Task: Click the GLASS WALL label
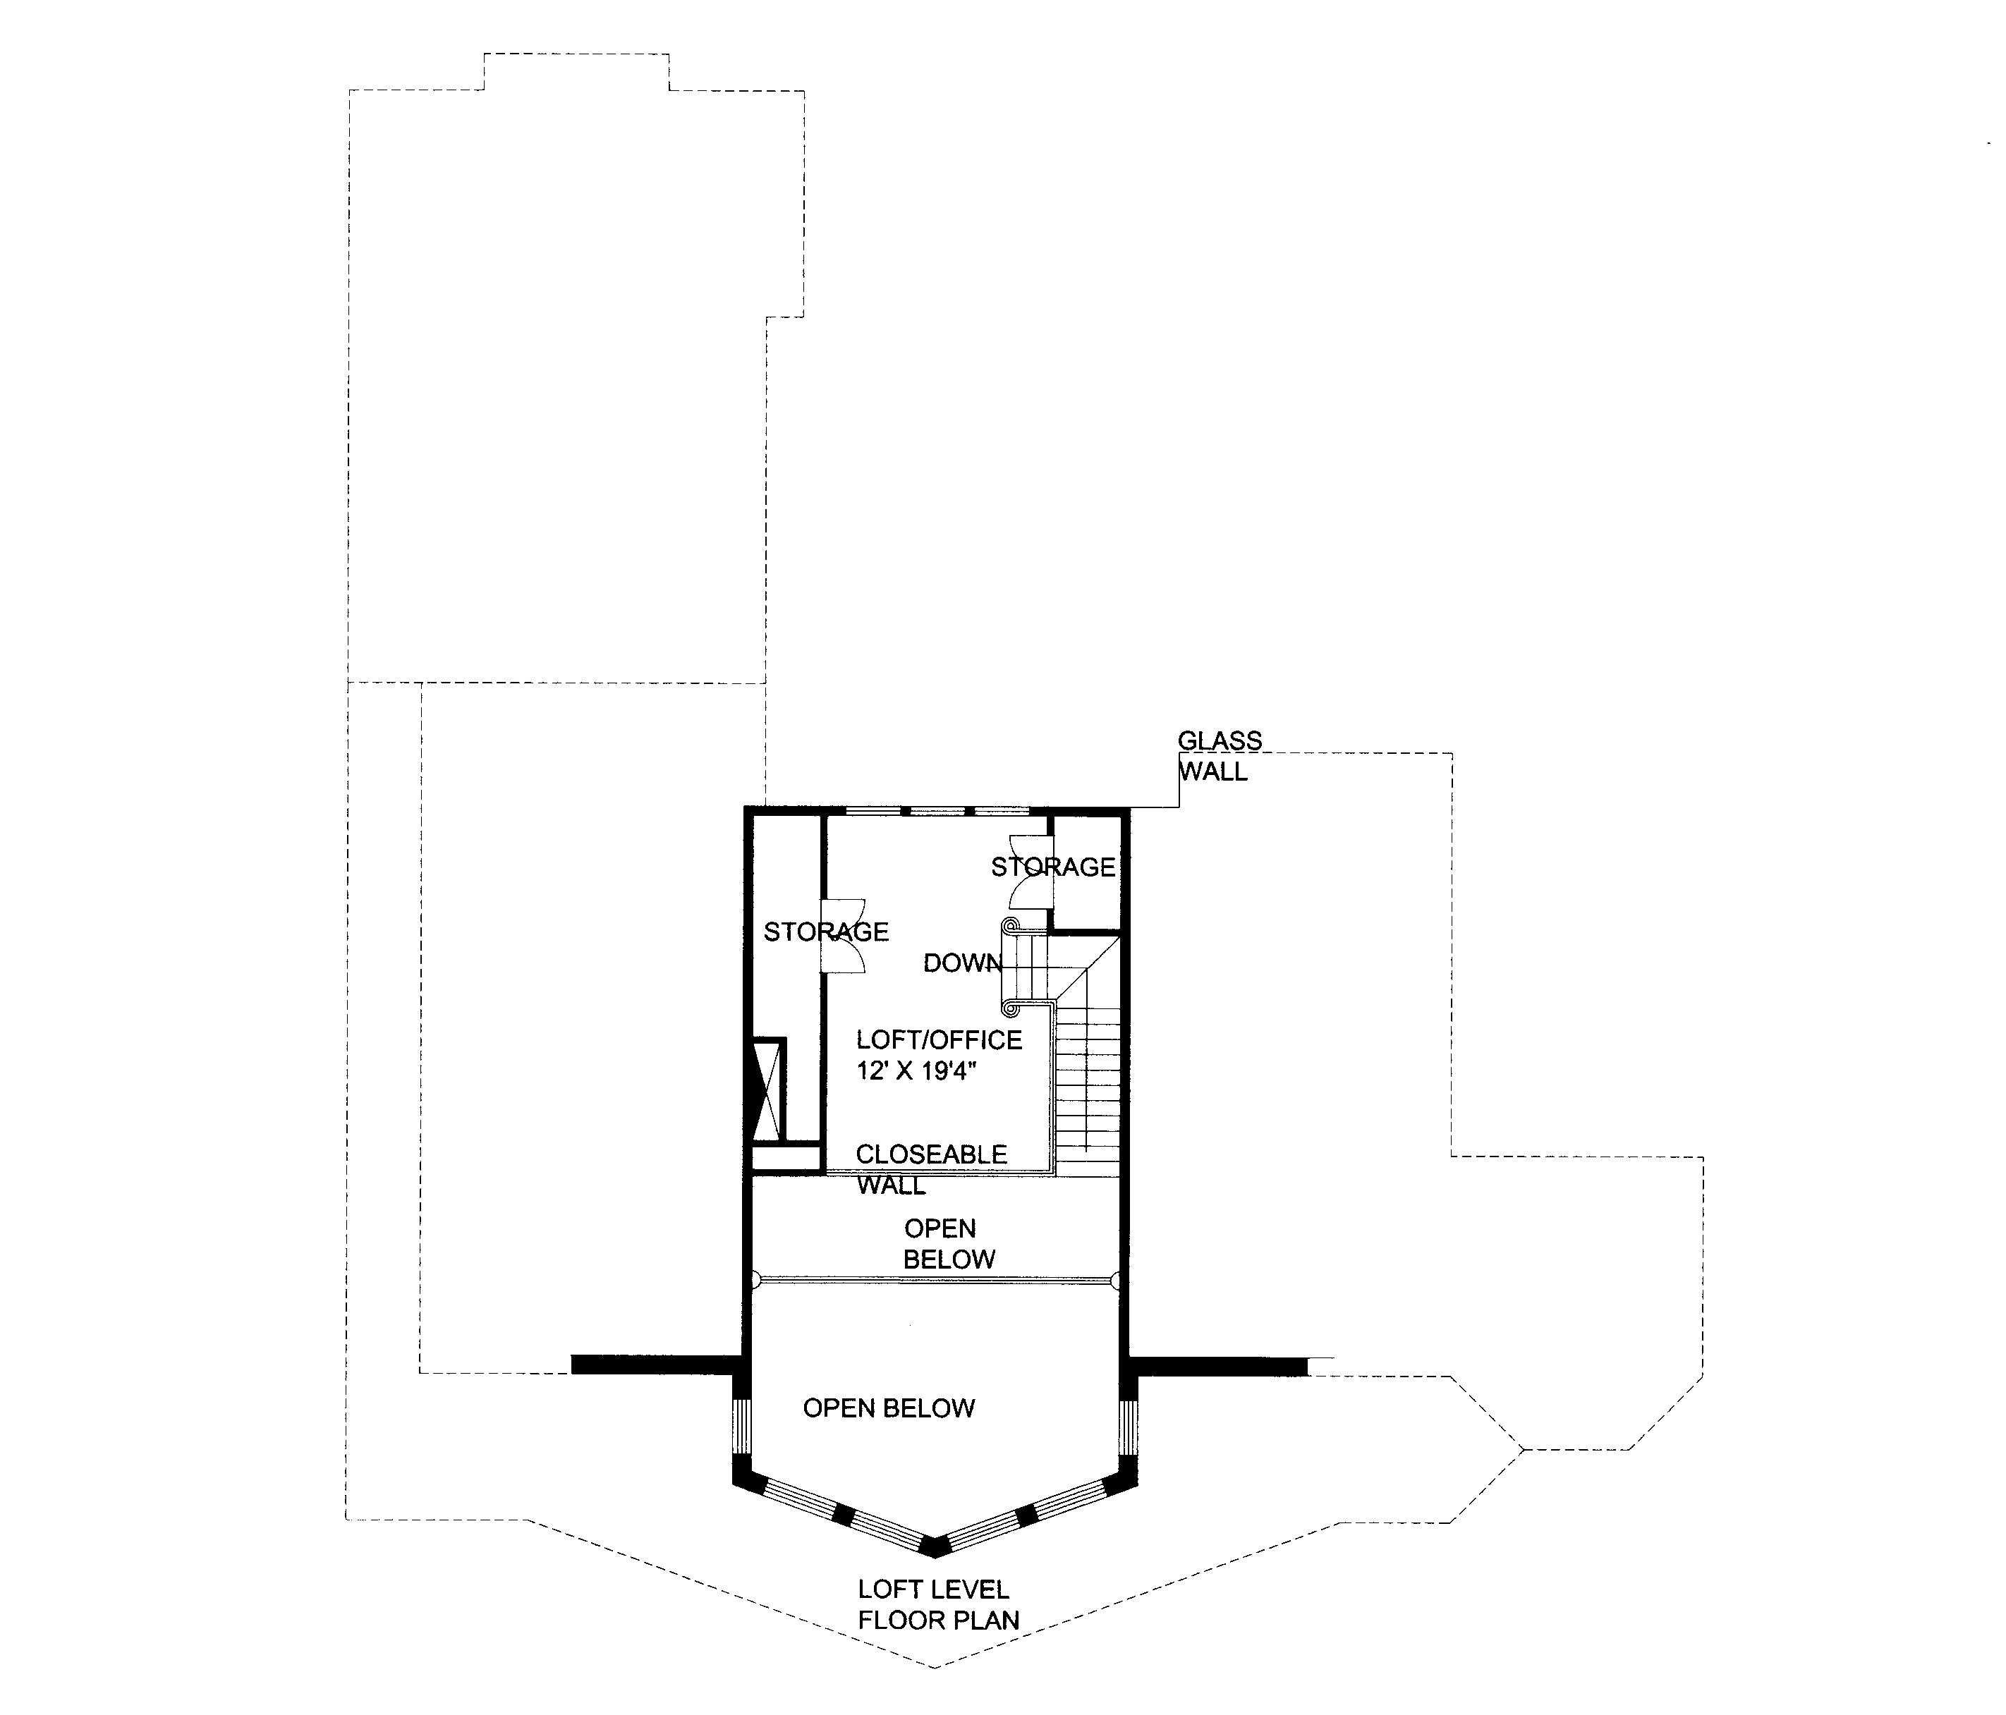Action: (x=1218, y=756)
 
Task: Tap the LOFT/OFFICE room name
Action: (x=938, y=1039)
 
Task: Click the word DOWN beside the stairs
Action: (x=961, y=963)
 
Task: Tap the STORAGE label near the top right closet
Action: (x=1052, y=867)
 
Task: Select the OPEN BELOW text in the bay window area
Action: (x=888, y=1408)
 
